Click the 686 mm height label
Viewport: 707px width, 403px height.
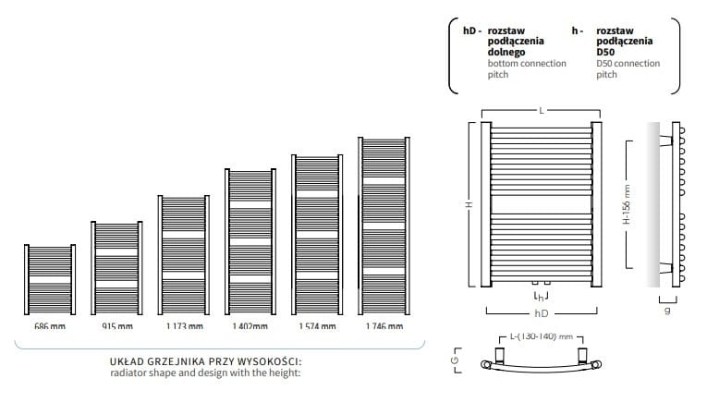pyautogui.click(x=50, y=325)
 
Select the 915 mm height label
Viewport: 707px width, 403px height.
pyautogui.click(x=117, y=325)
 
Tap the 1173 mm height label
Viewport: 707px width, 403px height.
pyautogui.click(x=185, y=325)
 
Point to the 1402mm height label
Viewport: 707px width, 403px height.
pyautogui.click(x=250, y=325)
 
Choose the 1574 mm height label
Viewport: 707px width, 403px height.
pyautogui.click(x=317, y=325)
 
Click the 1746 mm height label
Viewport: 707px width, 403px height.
pyautogui.click(x=384, y=325)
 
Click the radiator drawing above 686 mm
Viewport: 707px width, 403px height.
pyautogui.click(x=50, y=279)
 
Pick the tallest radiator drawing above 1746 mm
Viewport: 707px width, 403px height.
pyautogui.click(x=384, y=226)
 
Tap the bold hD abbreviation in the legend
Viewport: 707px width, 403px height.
pyautogui.click(x=469, y=31)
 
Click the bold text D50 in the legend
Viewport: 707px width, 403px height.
pyautogui.click(x=605, y=52)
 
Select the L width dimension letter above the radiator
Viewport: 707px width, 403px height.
pyautogui.click(x=541, y=110)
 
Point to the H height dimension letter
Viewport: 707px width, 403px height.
pyautogui.click(x=469, y=204)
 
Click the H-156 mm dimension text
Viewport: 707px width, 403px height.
pyautogui.click(x=627, y=204)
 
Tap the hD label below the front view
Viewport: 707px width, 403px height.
pyautogui.click(x=541, y=313)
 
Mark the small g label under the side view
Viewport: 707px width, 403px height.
pyautogui.click(x=668, y=311)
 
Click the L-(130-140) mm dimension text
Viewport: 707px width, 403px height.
pyautogui.click(x=541, y=336)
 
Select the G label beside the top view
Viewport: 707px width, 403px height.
pyautogui.click(x=456, y=360)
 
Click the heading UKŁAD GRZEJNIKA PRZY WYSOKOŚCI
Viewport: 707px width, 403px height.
pyautogui.click(x=205, y=361)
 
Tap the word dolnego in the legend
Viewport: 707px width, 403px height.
pyautogui.click(x=506, y=52)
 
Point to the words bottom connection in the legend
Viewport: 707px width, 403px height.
pyautogui.click(x=527, y=64)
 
